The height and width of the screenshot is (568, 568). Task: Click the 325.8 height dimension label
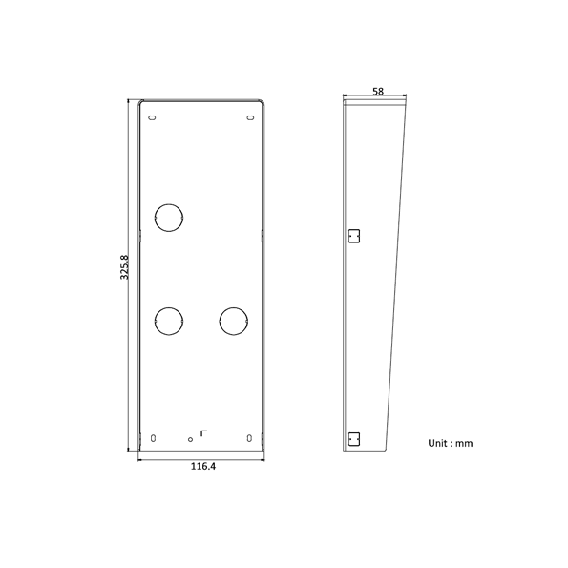tap(124, 267)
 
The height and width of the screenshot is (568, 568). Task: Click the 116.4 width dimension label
tap(203, 466)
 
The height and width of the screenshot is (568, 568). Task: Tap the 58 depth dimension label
tap(378, 92)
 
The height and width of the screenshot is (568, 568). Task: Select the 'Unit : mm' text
tap(451, 443)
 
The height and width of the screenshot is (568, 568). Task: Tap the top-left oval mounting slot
tap(152, 117)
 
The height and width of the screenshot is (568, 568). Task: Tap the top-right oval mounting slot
tap(250, 117)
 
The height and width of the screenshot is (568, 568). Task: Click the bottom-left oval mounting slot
tap(153, 438)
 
